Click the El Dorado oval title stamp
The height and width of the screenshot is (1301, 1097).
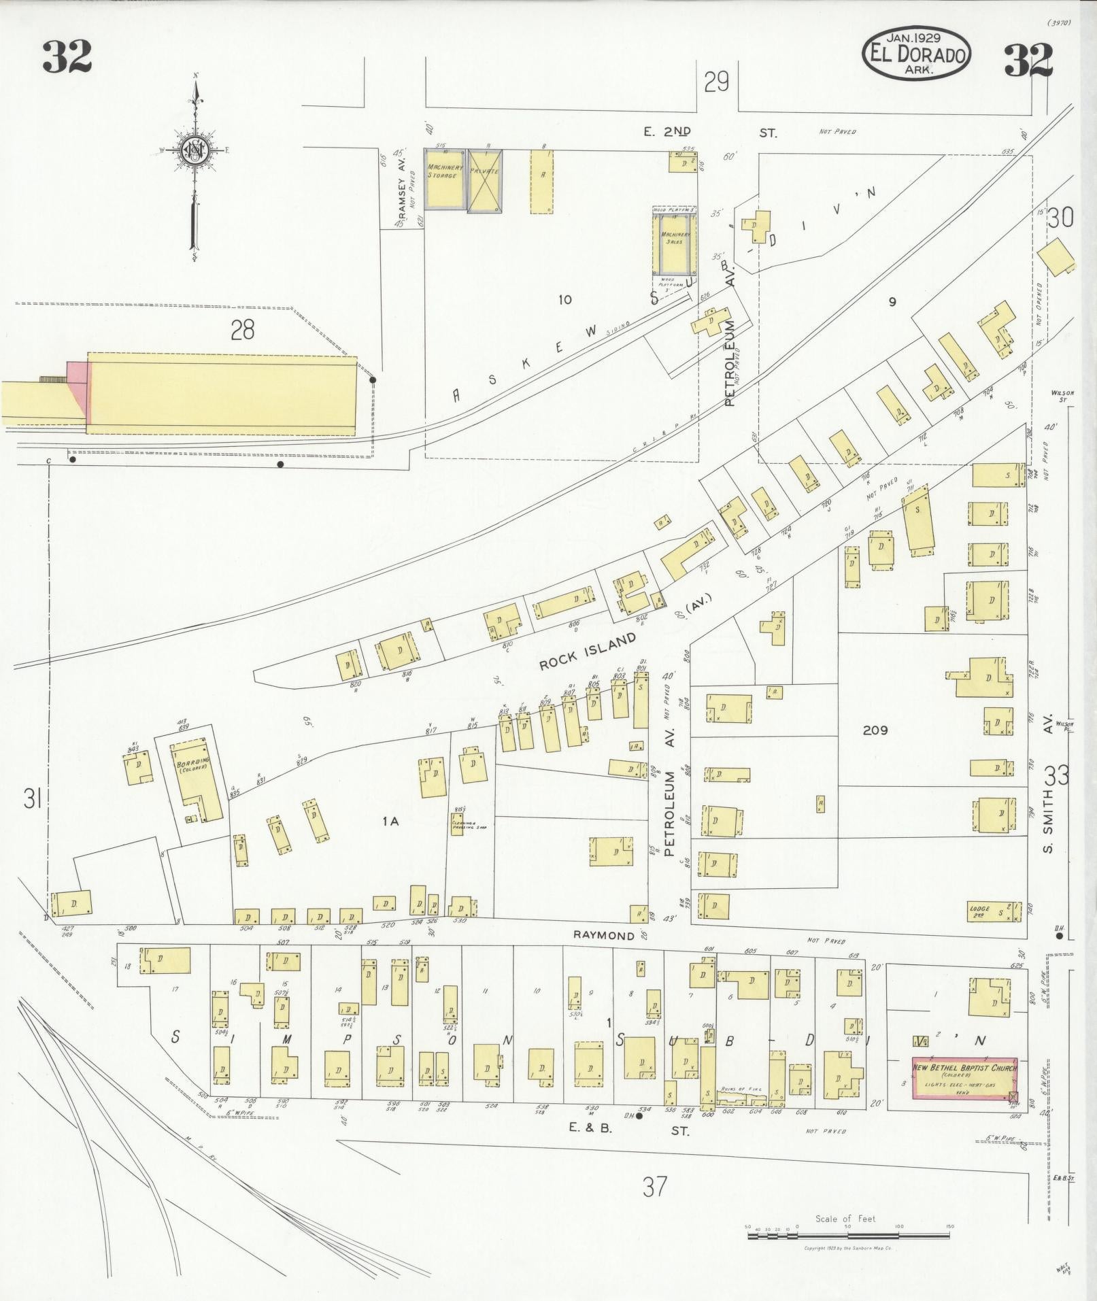917,54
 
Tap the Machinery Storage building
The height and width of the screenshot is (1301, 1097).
445,179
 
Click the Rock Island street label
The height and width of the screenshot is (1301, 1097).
588,651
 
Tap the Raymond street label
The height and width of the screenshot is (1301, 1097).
604,936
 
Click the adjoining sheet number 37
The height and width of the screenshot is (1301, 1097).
654,1186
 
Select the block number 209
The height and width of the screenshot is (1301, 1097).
875,730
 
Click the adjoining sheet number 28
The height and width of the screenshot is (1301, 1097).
242,330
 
